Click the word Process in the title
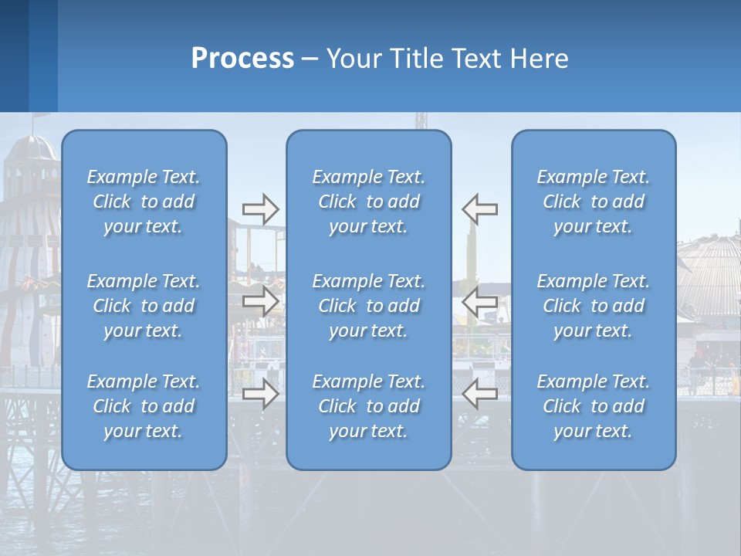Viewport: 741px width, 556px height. point(242,59)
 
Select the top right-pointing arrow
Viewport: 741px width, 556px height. point(260,209)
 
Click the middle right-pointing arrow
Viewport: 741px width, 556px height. point(260,301)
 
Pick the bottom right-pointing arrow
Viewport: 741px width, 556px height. point(260,394)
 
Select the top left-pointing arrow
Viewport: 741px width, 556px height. point(479,209)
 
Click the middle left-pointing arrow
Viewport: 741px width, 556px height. point(479,301)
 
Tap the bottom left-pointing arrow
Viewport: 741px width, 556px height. point(479,394)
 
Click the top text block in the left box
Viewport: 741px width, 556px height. point(144,202)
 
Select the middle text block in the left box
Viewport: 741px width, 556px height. point(144,306)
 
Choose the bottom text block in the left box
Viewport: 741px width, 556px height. point(144,406)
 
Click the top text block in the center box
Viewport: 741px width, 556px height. point(368,202)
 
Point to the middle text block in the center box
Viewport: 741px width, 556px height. point(368,306)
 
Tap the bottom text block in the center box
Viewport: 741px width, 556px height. point(368,406)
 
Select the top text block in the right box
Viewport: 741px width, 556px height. point(593,202)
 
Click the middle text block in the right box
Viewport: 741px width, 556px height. point(593,306)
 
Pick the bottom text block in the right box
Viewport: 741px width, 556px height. point(593,406)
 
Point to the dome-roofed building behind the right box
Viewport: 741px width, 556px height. point(709,278)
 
